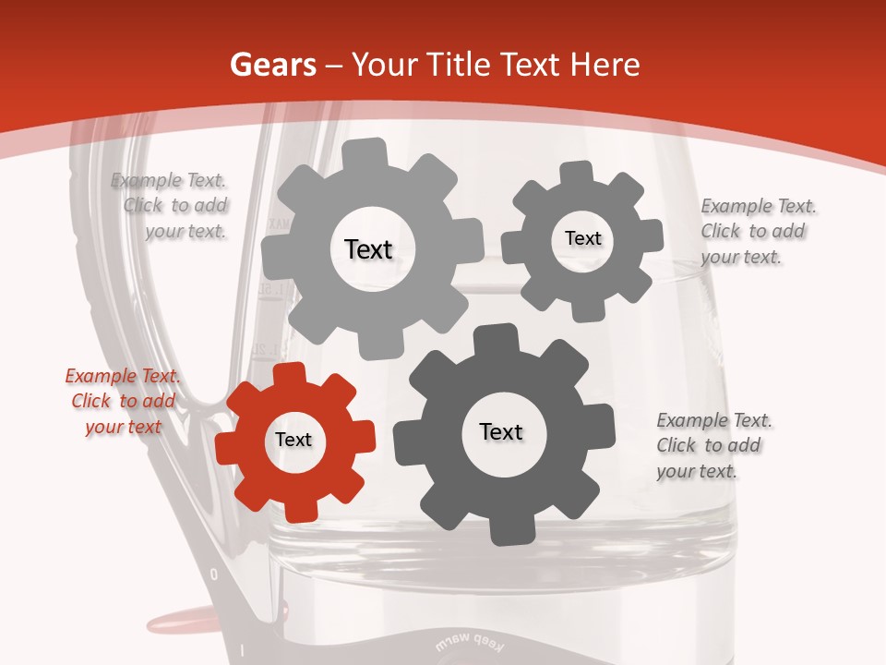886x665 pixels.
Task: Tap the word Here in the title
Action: (605, 65)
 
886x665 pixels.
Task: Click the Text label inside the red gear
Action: (293, 441)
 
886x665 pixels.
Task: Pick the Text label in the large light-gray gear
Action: (368, 249)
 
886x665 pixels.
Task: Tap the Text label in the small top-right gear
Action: (582, 238)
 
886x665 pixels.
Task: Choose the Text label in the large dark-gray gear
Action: (501, 432)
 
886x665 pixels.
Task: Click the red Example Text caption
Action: (123, 402)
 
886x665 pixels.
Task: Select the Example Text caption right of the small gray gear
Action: (758, 231)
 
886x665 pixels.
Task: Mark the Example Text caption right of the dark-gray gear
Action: (713, 445)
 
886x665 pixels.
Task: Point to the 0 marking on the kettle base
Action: (214, 574)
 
